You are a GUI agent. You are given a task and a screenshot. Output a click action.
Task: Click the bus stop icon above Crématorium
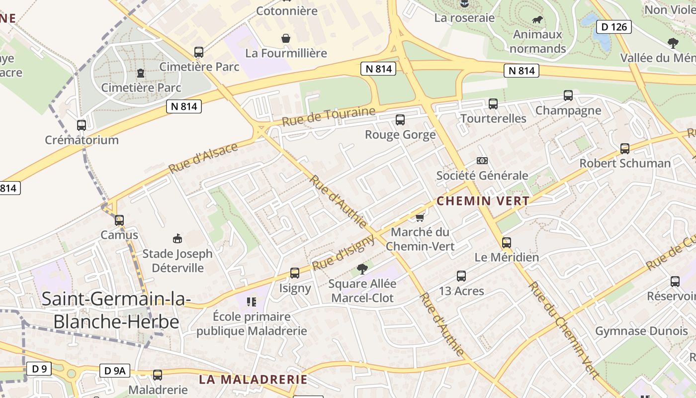[82, 125]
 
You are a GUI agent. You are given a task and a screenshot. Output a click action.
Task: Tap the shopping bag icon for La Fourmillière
[286, 38]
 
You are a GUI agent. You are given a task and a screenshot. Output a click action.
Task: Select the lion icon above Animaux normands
[537, 20]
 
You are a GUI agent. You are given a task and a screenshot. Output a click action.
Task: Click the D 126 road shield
[613, 27]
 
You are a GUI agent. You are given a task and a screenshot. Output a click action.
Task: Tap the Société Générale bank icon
[482, 161]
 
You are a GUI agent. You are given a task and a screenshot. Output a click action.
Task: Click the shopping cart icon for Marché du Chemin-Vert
[420, 217]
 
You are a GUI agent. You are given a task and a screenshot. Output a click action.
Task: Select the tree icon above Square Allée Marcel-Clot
[362, 269]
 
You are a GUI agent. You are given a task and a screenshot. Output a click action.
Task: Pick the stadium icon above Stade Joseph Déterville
[177, 239]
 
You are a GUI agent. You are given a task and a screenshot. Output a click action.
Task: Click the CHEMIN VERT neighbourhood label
[483, 201]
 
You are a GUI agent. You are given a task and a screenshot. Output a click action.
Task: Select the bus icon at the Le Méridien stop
[507, 242]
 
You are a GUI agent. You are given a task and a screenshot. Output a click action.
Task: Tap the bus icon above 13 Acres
[461, 276]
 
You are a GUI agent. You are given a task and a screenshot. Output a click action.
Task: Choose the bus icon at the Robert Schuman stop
[625, 148]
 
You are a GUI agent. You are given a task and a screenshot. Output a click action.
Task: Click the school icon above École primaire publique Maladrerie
[251, 301]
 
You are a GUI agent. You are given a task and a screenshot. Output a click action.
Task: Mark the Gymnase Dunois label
[641, 331]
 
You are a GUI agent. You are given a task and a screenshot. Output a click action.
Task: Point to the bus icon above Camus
[119, 220]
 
